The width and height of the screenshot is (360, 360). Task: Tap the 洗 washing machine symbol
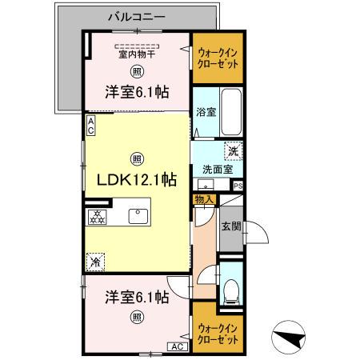[x=233, y=150]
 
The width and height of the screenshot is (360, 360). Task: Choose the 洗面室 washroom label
[x=217, y=169]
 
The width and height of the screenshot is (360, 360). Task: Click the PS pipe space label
[x=238, y=186]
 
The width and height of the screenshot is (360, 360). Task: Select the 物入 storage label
[x=203, y=198]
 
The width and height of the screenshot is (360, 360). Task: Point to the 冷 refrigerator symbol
[x=96, y=260]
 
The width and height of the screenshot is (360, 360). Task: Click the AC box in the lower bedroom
[x=176, y=346]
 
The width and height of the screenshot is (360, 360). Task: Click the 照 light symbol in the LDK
[x=137, y=157]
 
